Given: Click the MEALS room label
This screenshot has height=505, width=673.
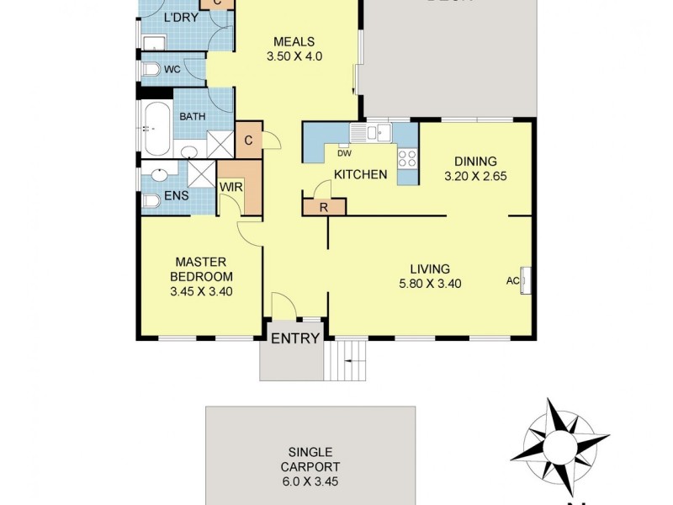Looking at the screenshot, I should (294, 41).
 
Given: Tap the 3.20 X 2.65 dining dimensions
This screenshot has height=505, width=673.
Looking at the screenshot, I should (476, 178).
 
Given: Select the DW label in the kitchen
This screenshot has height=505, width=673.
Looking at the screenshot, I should (344, 153).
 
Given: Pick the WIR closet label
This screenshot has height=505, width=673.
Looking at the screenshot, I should (231, 188).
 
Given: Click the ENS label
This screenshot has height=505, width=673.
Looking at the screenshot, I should (176, 196).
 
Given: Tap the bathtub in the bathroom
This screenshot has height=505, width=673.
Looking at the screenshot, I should (156, 129).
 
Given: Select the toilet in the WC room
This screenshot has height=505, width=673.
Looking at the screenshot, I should (151, 69).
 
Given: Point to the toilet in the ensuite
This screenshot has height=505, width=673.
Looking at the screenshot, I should (151, 202).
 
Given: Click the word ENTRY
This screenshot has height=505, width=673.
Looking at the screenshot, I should (294, 339).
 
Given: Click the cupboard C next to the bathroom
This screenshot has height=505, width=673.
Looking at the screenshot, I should (249, 141).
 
